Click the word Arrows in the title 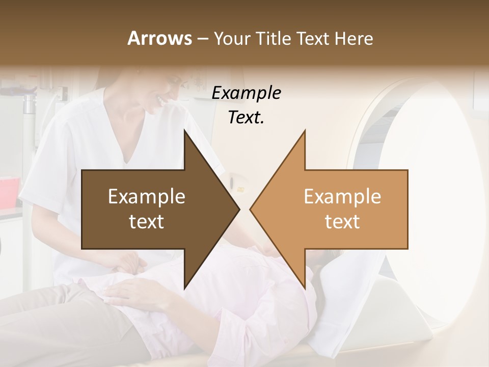point(159,38)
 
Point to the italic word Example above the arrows point(246,93)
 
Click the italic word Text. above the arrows point(246,118)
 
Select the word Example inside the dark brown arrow point(147,197)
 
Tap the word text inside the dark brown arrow point(147,222)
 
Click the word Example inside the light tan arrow point(342,197)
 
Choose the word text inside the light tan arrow point(342,222)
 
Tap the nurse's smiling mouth point(162,100)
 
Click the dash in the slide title point(202,39)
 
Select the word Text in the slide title point(313,39)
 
